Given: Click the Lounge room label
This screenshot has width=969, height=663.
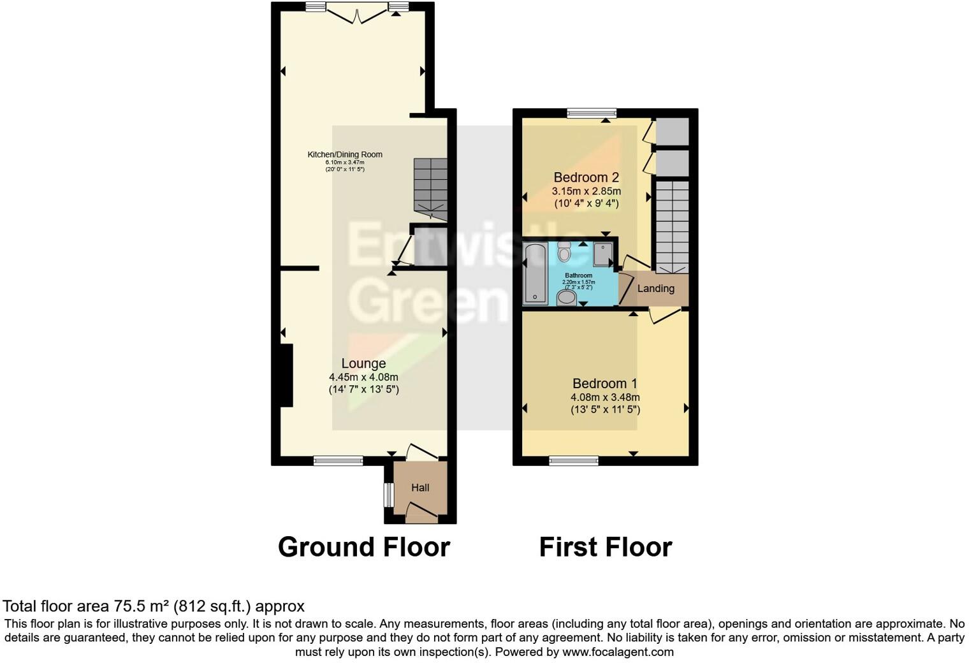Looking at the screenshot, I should (x=363, y=363).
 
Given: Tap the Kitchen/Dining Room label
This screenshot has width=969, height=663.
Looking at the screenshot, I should (x=345, y=154).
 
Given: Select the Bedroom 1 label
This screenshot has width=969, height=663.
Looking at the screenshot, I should (x=604, y=384).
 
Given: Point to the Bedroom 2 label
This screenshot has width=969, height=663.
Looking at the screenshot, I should (x=586, y=177).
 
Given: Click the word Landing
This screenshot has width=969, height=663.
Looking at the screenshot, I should (x=655, y=289).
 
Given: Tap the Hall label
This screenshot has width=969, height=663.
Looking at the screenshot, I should (x=420, y=488).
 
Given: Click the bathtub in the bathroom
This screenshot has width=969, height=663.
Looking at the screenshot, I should (x=534, y=273).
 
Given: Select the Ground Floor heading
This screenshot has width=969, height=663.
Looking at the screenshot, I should (x=364, y=547).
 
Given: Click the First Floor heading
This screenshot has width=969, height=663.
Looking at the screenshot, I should (x=606, y=547).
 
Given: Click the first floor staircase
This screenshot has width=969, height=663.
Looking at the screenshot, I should (x=673, y=226).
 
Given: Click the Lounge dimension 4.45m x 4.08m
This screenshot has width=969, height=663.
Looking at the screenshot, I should (x=363, y=377).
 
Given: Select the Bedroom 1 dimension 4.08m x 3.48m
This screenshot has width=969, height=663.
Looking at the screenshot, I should (x=605, y=397).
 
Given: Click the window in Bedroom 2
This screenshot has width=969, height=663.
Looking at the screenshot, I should (x=592, y=113).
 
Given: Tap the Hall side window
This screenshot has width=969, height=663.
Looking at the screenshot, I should (x=387, y=495).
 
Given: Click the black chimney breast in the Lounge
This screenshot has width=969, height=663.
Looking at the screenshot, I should (x=286, y=375).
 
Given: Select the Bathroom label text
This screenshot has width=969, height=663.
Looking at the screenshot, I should (x=578, y=275).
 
